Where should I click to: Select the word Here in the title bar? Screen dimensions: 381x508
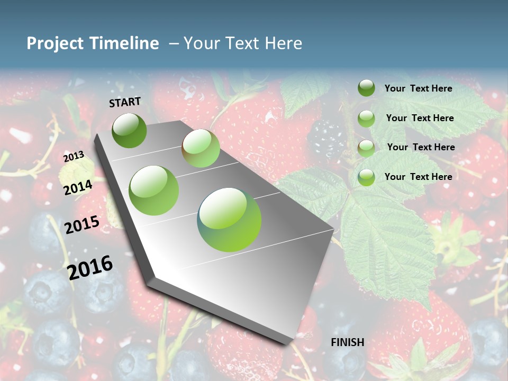click(x=284, y=43)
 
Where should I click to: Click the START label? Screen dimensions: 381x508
click(x=125, y=102)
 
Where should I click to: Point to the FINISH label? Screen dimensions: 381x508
click(x=348, y=342)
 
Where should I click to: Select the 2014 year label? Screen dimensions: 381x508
click(x=78, y=187)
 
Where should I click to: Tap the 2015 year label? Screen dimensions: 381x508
click(x=82, y=225)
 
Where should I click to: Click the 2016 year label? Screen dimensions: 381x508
click(x=90, y=268)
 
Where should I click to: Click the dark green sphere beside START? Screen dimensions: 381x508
click(x=129, y=130)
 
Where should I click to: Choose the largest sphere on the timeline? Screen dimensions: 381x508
click(x=229, y=219)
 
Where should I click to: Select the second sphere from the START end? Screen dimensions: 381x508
click(x=201, y=149)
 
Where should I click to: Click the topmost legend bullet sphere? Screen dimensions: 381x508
click(x=366, y=88)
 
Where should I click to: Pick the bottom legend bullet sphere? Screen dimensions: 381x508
click(x=366, y=177)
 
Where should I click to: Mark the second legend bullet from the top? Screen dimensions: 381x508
click(x=366, y=119)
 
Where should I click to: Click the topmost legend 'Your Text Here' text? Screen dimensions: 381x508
click(x=418, y=88)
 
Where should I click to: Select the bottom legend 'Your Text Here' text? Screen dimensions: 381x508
click(x=418, y=177)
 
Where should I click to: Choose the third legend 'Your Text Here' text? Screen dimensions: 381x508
click(x=421, y=147)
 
